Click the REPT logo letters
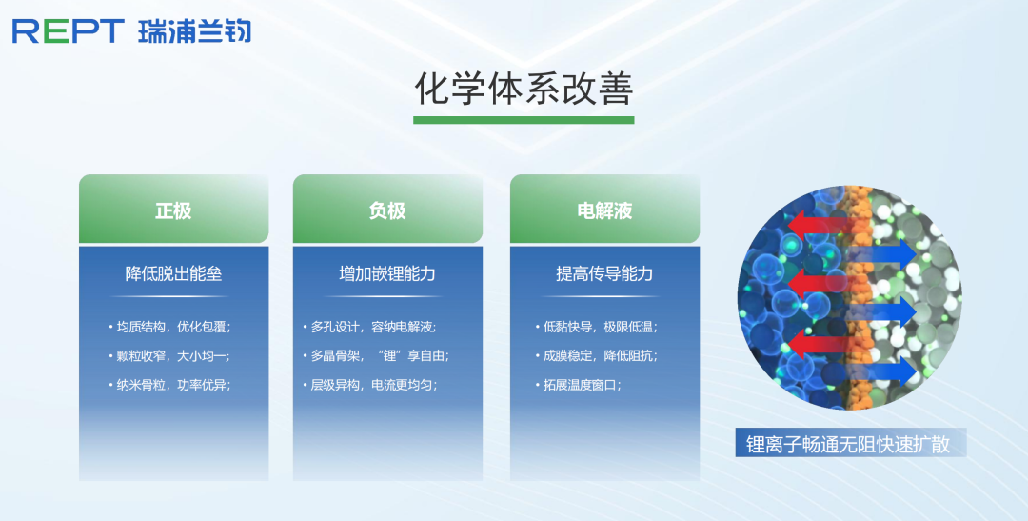pos(69,30)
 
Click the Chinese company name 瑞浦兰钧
pos(195,30)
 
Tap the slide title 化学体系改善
pos(524,89)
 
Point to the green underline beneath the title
pos(524,120)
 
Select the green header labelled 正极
pos(174,210)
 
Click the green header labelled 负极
pos(387,210)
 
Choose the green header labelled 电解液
pos(604,210)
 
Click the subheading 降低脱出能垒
pos(174,273)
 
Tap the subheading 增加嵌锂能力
pos(387,273)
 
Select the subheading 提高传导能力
pos(604,273)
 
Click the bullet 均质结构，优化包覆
pos(169,327)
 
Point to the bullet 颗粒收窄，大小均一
pos(169,355)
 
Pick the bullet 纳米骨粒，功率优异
pos(169,385)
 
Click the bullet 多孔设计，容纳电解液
pos(369,327)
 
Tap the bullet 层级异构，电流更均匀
pos(369,385)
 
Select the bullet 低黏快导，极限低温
pos(597,327)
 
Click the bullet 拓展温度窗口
pos(579,385)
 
